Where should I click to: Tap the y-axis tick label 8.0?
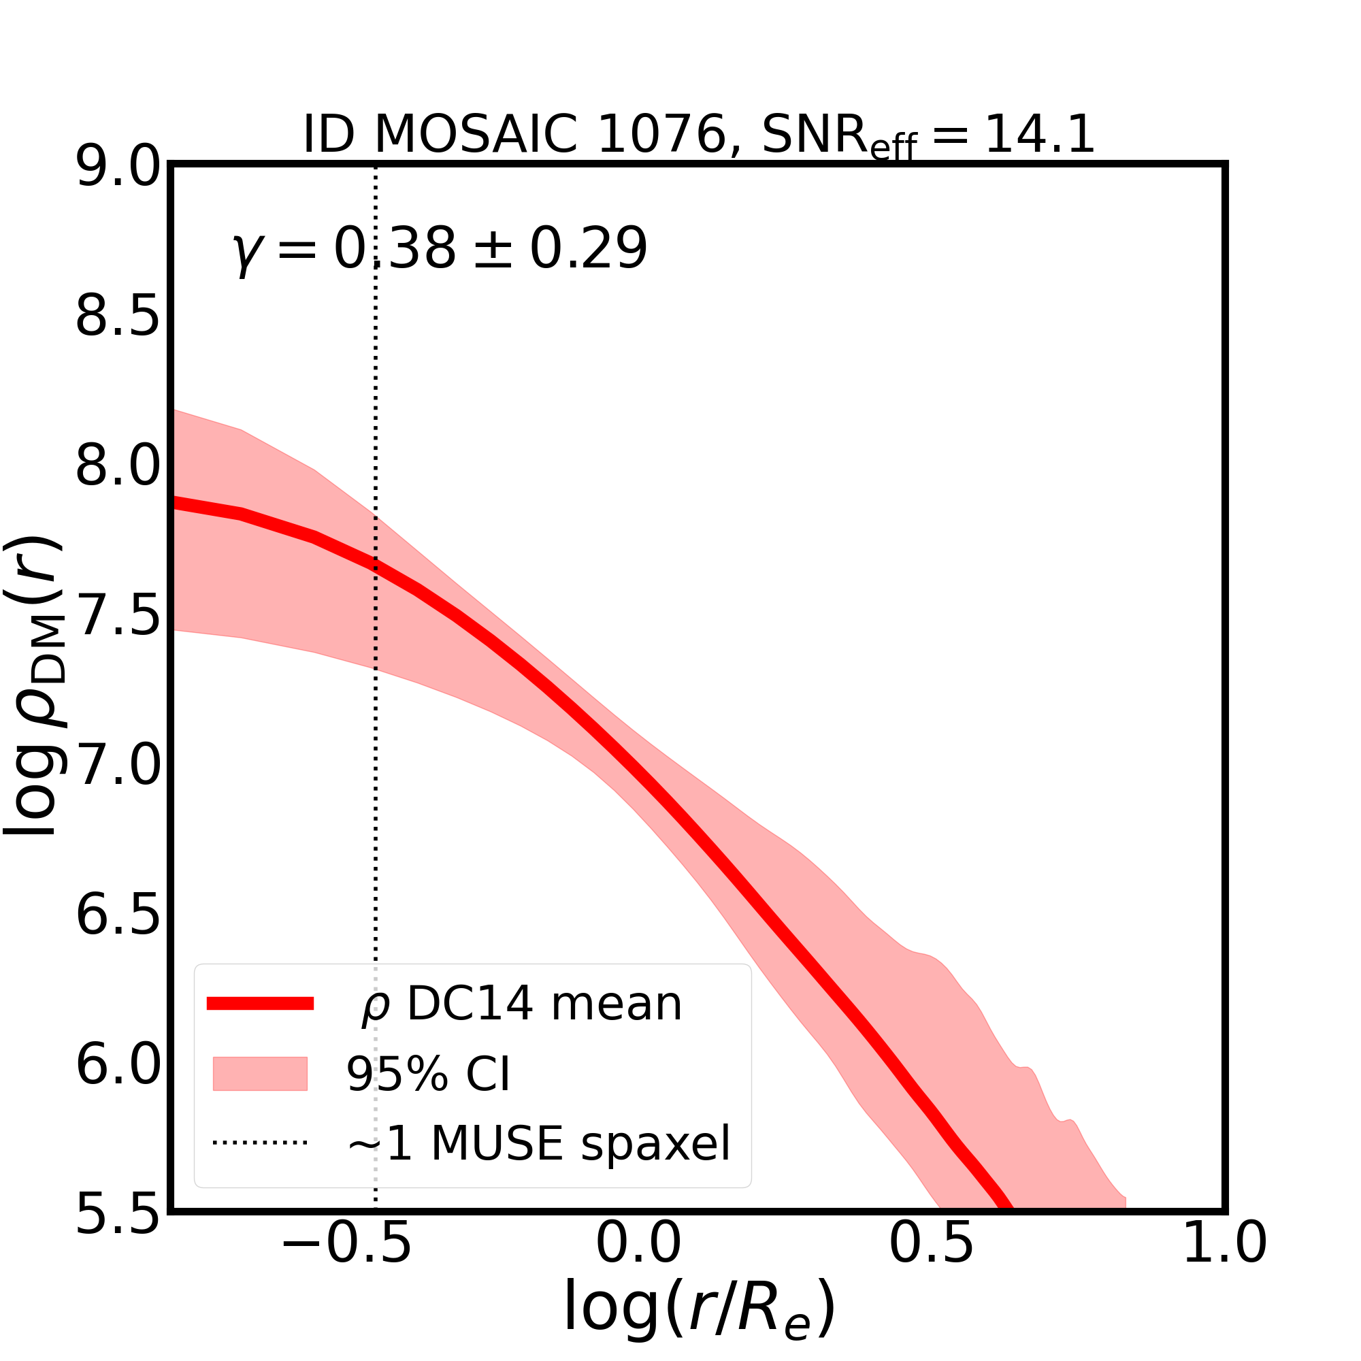tap(118, 466)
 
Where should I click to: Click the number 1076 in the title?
tap(661, 134)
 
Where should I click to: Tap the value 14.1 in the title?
tap(1039, 134)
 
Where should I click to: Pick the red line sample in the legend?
tap(260, 1004)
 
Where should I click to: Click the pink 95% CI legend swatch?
tap(260, 1075)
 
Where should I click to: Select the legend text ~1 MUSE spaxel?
tap(539, 1143)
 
